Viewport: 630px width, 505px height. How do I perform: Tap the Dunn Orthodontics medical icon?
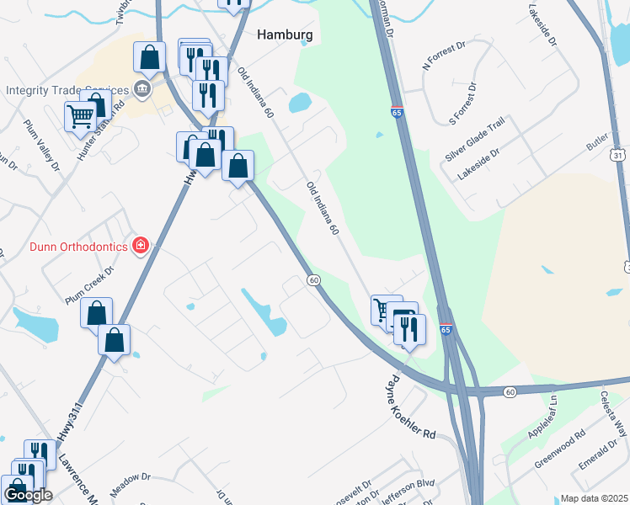pos(141,246)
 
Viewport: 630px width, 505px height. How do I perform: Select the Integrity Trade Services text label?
pos(66,90)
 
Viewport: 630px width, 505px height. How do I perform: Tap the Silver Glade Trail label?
pos(475,140)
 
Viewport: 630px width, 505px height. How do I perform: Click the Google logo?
pos(27,495)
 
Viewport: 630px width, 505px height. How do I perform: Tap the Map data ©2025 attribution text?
pos(594,498)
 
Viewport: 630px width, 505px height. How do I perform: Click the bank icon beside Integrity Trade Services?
pos(141,90)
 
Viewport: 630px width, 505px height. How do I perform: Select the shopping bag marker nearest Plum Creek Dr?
pos(96,311)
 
